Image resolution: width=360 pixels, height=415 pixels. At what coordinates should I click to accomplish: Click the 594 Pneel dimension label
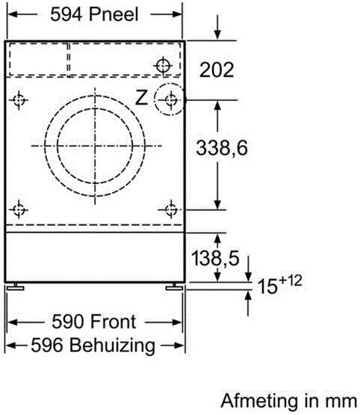click(x=94, y=14)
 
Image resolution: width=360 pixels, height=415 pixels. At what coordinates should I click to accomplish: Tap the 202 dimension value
click(x=217, y=70)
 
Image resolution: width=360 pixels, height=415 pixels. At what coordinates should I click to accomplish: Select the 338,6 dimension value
click(x=222, y=147)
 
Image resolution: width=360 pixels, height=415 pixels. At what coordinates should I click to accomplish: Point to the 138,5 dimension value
click(x=215, y=258)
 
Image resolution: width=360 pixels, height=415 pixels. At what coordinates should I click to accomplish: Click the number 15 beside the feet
click(x=267, y=286)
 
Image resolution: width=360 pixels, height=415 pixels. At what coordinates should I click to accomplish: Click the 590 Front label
click(x=94, y=322)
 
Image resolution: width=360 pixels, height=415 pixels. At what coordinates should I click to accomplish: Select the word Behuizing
click(x=112, y=345)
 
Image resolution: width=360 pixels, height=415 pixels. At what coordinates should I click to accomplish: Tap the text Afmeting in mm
click(x=288, y=401)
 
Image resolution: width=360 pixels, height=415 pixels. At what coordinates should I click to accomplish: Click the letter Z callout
click(x=141, y=97)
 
